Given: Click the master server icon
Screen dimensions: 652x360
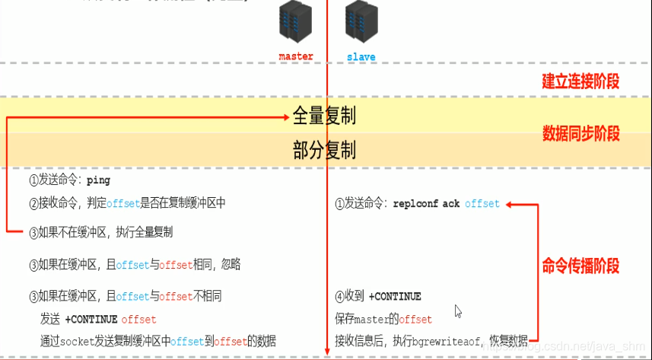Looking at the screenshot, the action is [296, 23].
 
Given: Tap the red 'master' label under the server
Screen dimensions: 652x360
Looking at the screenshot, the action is [296, 56].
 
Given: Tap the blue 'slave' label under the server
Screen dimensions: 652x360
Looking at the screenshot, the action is [361, 56].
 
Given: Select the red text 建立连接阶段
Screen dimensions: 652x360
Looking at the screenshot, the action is [580, 81].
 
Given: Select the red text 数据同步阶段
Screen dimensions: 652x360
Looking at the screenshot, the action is [580, 134].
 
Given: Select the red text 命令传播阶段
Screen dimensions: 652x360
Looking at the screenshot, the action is [580, 265].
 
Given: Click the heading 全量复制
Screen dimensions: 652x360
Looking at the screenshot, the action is [324, 116].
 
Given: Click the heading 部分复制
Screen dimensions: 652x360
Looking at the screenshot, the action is [324, 150].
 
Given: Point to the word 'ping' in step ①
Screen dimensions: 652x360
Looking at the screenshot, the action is [98, 181].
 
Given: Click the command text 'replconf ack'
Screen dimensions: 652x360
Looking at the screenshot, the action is [426, 204].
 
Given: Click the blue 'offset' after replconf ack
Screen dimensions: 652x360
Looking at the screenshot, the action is [482, 204].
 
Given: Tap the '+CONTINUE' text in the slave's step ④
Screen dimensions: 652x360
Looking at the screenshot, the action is [394, 296].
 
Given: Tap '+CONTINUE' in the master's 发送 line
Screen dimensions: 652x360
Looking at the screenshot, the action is [91, 319].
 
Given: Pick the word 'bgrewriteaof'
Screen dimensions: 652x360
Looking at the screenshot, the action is [441, 340].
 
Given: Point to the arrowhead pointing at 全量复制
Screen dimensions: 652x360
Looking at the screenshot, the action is [285, 116].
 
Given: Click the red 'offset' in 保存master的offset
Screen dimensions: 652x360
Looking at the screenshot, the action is [415, 319].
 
